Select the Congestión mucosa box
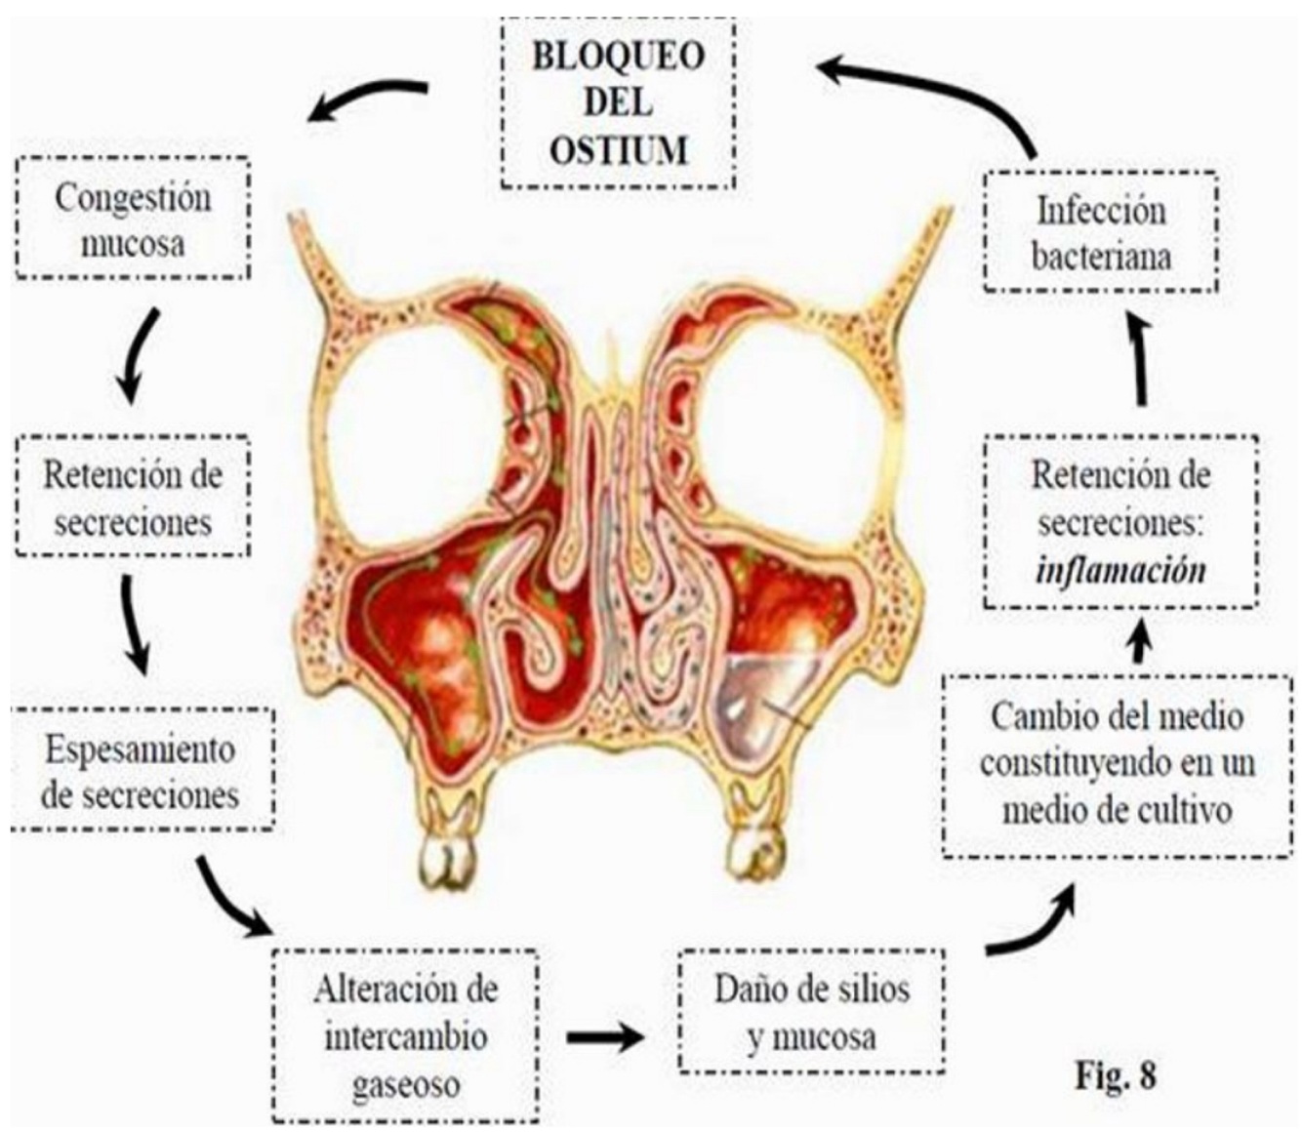133,220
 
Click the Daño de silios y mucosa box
811,1012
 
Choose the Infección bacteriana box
1101,233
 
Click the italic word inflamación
1119,569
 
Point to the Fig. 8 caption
1116,1075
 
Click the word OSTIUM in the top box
618,150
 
